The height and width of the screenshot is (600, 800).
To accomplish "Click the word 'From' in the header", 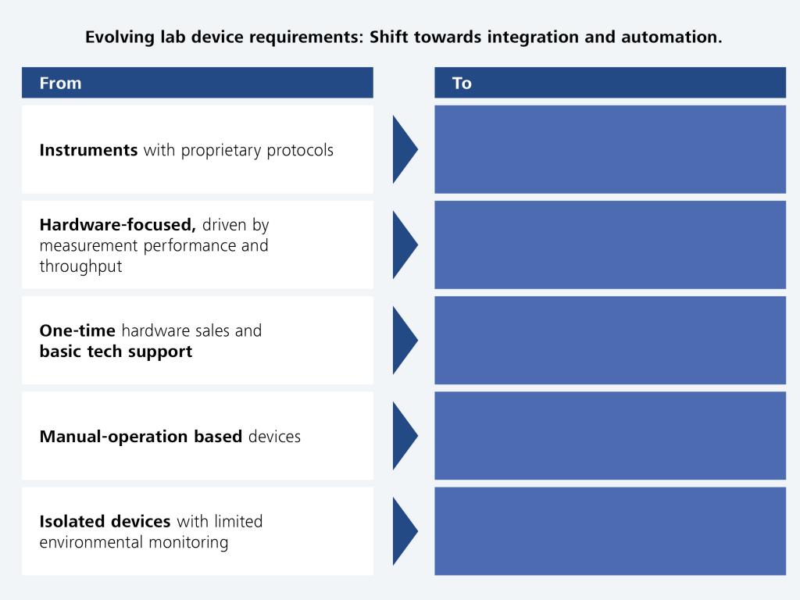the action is pos(60,83).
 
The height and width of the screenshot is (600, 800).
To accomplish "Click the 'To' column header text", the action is pos(462,83).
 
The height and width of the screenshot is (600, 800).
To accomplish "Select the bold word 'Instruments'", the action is pos(88,150).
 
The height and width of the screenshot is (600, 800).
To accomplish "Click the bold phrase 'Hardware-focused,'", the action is pos(118,225).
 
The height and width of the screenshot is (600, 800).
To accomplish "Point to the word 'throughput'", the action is pos(80,266).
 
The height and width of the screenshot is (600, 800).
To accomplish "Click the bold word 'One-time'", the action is pos(77,330).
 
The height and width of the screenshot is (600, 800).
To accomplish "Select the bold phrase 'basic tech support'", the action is pos(116,352).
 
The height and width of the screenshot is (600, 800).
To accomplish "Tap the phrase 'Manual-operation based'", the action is pos(141,437).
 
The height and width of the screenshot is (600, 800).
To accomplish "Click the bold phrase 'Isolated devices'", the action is pos(105,521).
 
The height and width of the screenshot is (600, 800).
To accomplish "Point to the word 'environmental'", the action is pos(91,542).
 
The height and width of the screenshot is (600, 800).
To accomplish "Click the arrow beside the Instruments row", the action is pos(405,149).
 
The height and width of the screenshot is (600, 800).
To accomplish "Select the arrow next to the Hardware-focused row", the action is pos(405,245).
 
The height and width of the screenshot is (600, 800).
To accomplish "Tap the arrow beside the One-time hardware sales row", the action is pos(405,341).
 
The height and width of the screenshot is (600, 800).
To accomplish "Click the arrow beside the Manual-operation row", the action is pos(405,436).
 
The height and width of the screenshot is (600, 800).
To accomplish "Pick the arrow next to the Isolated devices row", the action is pos(405,531).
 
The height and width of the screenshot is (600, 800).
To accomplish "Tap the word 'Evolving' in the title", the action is pos(120,37).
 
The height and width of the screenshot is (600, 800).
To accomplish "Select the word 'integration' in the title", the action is pos(533,37).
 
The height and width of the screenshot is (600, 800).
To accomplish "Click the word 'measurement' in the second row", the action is pos(89,246).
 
